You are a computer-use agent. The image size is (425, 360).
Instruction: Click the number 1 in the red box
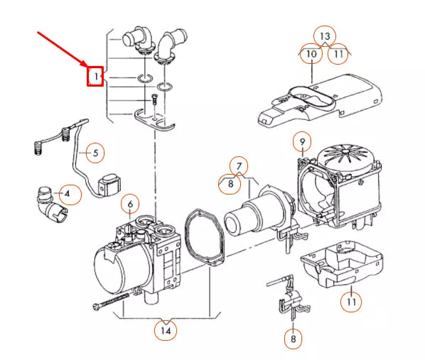coord(96,77)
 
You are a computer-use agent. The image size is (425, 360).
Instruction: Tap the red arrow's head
coord(85,63)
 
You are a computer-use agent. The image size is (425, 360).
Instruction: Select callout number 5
coord(95,153)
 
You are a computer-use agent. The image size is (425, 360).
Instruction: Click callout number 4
coord(68,194)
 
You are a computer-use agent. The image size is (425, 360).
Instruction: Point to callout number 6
coord(130,204)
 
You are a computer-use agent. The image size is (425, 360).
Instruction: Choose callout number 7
coord(239,166)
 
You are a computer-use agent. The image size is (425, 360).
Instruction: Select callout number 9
coord(303,141)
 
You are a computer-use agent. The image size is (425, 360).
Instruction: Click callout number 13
coord(325,36)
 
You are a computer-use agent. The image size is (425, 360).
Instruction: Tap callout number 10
coord(311,54)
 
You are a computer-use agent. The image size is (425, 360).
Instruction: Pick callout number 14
coord(166,330)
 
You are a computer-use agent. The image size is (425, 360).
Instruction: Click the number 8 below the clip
coord(294,339)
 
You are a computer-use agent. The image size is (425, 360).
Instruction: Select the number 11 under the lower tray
coord(351,302)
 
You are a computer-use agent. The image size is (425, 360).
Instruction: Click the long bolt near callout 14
coord(111,302)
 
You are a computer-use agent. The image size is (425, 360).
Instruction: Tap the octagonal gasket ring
coord(204,236)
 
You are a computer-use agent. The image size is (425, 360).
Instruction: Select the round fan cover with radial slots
coord(346,157)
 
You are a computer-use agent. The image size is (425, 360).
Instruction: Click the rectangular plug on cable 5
coord(109,185)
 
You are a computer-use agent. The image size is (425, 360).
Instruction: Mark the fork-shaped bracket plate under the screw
coord(154,119)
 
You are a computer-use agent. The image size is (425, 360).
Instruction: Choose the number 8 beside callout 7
coord(230,184)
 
